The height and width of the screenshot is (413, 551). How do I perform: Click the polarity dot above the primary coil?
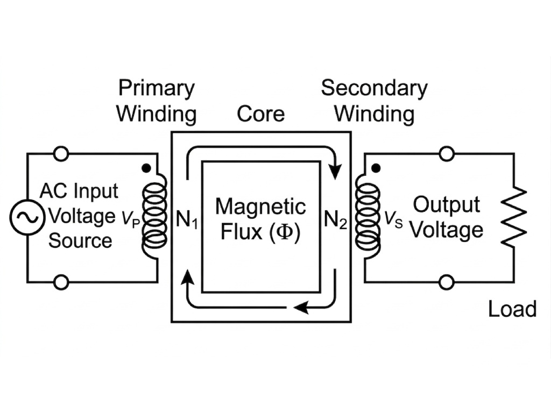click(x=145, y=168)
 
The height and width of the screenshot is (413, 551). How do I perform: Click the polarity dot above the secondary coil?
click(x=377, y=169)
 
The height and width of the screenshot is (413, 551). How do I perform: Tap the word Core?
click(x=261, y=114)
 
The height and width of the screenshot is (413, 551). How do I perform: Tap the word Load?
click(x=512, y=309)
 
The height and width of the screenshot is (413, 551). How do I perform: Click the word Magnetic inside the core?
click(x=260, y=207)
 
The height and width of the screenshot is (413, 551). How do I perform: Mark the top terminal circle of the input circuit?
click(x=61, y=154)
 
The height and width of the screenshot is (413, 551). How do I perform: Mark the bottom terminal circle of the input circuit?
click(x=61, y=282)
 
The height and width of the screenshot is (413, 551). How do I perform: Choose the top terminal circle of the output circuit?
click(x=447, y=154)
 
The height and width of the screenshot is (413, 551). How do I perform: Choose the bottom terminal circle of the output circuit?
click(x=447, y=282)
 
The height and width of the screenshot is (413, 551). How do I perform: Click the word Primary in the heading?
click(x=157, y=88)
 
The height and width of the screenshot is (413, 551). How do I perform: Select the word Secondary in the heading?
click(x=374, y=88)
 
